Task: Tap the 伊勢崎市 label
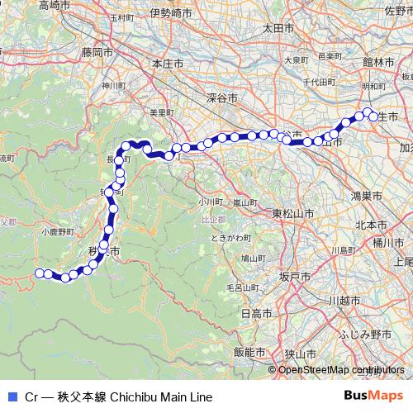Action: point(171,13)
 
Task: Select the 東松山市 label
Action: point(293,214)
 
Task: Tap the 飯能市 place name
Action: point(248,351)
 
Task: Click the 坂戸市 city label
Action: point(295,276)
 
